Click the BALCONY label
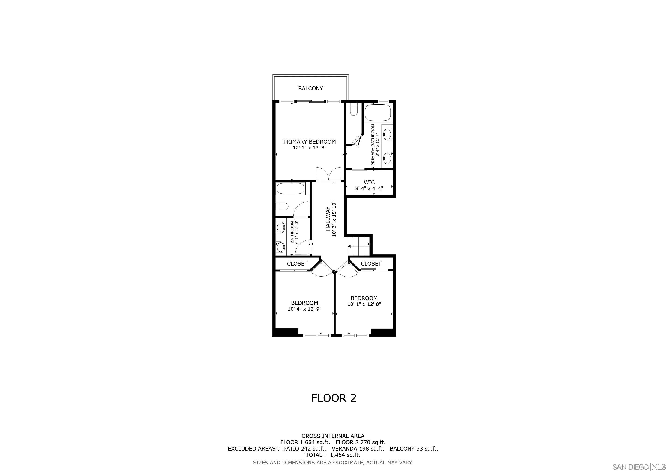pyautogui.click(x=310, y=88)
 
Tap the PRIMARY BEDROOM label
pyautogui.click(x=310, y=142)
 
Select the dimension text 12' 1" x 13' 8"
pyautogui.click(x=310, y=148)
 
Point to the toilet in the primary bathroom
pyautogui.click(x=354, y=110)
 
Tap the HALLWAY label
pyautogui.click(x=328, y=218)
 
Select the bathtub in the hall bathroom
pyautogui.click(x=290, y=188)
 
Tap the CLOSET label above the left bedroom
pyautogui.click(x=297, y=264)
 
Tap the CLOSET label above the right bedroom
pyautogui.click(x=371, y=264)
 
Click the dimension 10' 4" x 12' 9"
pyautogui.click(x=305, y=309)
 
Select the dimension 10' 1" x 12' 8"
pyautogui.click(x=364, y=304)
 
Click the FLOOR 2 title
pyautogui.click(x=334, y=398)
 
